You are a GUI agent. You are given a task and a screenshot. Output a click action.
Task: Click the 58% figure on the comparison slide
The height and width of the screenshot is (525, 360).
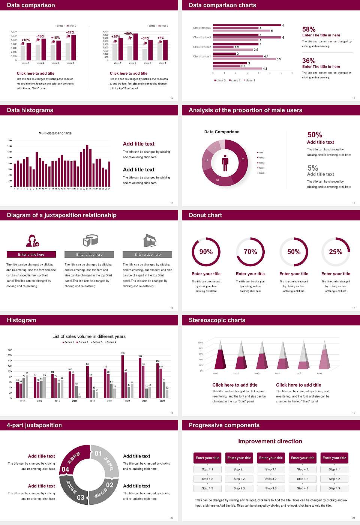tap(309, 29)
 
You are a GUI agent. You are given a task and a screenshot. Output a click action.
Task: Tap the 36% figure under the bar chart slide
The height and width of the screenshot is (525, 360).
tap(309, 61)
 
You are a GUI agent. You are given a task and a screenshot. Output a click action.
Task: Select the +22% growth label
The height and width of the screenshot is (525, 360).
tap(70, 33)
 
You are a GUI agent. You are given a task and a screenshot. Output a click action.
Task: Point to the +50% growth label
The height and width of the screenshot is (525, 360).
tap(128, 34)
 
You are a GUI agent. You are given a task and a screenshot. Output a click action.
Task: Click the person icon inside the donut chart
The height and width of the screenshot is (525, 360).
tap(225, 162)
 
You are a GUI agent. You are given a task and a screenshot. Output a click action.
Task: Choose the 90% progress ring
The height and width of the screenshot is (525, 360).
tap(206, 252)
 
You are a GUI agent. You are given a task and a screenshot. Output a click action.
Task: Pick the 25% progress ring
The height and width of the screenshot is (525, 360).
tap(336, 252)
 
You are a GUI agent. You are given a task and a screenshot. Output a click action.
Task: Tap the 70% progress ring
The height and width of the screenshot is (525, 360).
tap(250, 252)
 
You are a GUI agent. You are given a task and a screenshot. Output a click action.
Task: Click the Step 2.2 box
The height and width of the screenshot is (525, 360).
tap(239, 479)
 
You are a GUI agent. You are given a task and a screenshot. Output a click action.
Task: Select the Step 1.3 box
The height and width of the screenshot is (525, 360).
tap(207, 488)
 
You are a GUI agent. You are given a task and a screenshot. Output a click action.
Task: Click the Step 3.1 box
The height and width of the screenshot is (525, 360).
tap(271, 469)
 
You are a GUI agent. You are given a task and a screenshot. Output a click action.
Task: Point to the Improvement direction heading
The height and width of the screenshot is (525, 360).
tap(270, 441)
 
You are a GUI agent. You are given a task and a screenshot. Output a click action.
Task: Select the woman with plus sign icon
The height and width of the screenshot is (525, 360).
tap(33, 240)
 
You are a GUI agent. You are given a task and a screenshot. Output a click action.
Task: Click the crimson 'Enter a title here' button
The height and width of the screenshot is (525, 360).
tap(31, 255)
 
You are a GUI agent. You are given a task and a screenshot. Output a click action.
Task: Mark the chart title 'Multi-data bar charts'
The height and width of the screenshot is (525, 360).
tap(55, 133)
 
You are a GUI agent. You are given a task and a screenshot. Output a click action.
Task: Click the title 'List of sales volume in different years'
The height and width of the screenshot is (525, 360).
tap(89, 336)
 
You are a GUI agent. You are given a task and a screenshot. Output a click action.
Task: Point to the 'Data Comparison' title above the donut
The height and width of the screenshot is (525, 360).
tap(222, 132)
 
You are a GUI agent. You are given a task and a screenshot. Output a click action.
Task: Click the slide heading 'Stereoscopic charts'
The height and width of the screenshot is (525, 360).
tap(217, 320)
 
